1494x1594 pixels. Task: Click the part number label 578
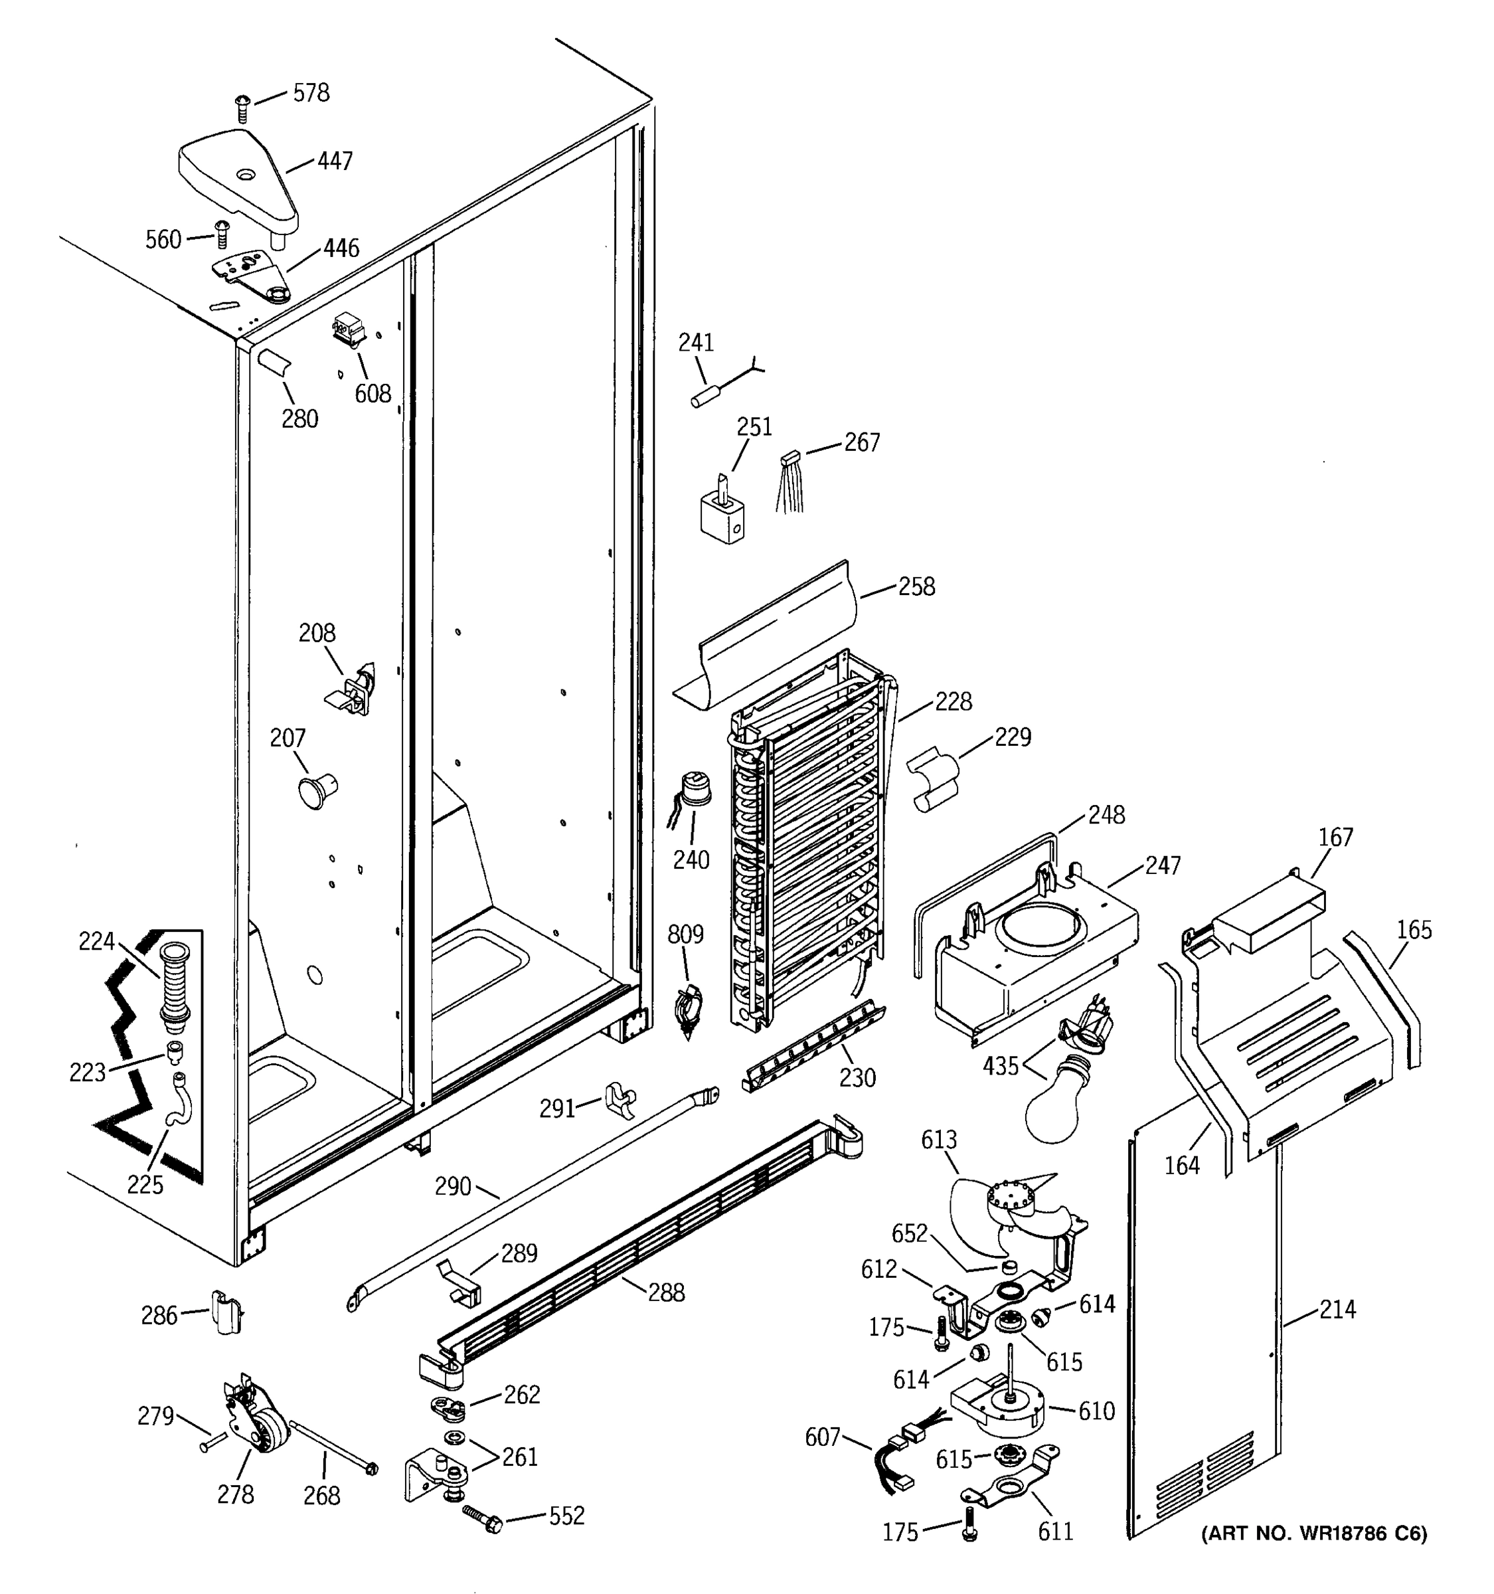[310, 94]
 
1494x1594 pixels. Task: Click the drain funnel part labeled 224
[175, 986]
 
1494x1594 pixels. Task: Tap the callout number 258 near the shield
[916, 587]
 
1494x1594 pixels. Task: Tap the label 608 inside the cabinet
[373, 394]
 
